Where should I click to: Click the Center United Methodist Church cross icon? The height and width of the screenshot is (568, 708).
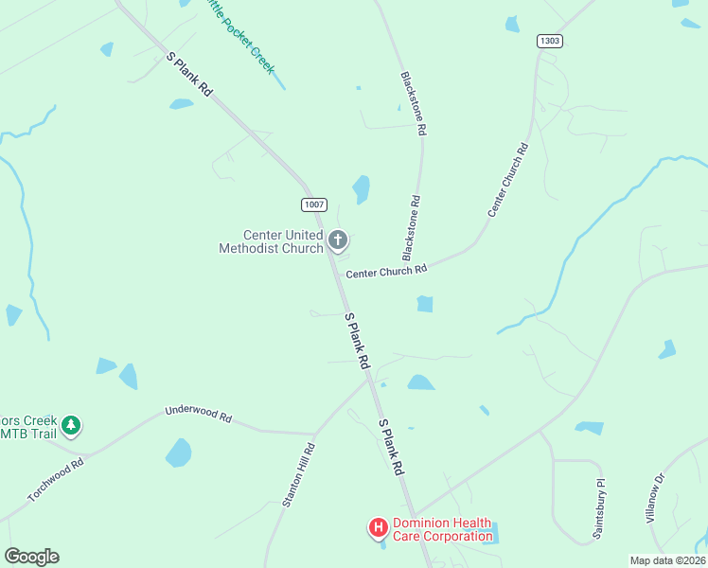338,241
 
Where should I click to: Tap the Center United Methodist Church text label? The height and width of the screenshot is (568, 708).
271,242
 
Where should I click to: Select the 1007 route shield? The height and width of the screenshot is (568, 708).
314,204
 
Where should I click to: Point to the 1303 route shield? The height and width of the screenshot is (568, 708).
549,41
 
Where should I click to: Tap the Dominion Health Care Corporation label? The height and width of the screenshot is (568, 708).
442,529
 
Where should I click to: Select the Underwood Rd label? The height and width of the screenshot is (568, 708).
198,414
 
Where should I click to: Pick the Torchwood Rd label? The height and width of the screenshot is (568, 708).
56,480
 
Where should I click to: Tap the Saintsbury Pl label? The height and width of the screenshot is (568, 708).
598,514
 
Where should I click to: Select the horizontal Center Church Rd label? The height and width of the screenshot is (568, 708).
386,272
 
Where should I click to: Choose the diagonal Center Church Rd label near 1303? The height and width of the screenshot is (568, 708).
507,180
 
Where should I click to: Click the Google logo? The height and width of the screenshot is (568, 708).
31,557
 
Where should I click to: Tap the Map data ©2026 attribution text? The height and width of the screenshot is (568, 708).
668,560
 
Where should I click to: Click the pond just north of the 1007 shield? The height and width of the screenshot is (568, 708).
361,189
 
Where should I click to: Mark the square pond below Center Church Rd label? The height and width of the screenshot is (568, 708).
425,304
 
